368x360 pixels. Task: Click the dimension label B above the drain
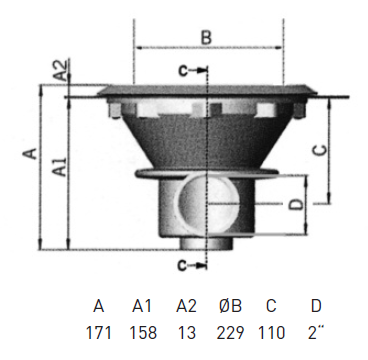click(x=206, y=37)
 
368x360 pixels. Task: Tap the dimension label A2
click(x=62, y=70)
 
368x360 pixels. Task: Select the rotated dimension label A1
click(x=60, y=167)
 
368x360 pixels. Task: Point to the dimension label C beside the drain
click(x=321, y=150)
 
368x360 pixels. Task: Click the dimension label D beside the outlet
click(x=296, y=204)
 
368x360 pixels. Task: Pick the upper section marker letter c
click(x=183, y=71)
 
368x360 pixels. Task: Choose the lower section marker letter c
click(x=182, y=265)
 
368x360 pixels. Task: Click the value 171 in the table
click(x=99, y=333)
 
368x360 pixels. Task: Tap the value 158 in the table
click(x=143, y=333)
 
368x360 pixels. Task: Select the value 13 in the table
click(x=187, y=333)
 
